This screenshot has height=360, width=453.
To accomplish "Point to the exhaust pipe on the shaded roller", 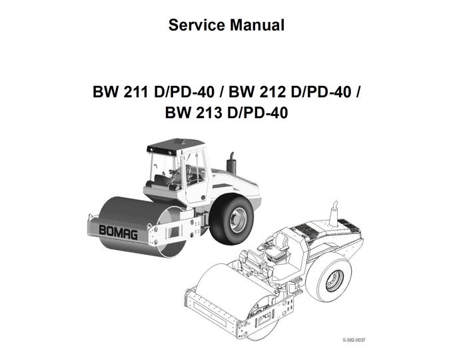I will coord(232,163).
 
